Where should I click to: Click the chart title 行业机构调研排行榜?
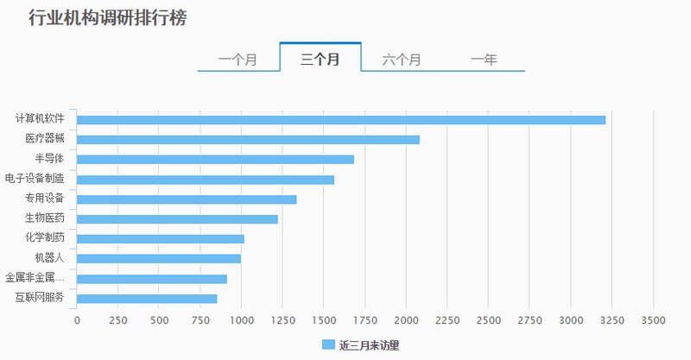[x=107, y=18]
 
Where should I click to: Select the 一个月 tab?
[x=238, y=60]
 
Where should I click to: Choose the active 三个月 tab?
[x=320, y=60]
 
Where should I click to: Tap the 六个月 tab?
[x=402, y=60]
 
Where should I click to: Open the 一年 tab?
[x=484, y=60]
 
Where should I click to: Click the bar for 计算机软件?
[x=341, y=119]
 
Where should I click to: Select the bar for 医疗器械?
[x=248, y=139]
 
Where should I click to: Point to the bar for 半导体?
[x=215, y=159]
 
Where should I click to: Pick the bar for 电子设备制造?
[x=206, y=180]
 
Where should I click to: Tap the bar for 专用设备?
[x=187, y=199]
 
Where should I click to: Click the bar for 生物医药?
[x=177, y=219]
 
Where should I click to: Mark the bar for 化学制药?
[x=161, y=239]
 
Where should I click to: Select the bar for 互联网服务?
[x=147, y=299]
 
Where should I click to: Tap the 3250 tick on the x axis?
[x=612, y=321]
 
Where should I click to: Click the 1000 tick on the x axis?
[x=242, y=321]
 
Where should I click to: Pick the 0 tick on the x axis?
[x=77, y=321]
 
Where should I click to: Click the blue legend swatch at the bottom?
[x=327, y=344]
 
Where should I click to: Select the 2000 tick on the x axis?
[x=406, y=321]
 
